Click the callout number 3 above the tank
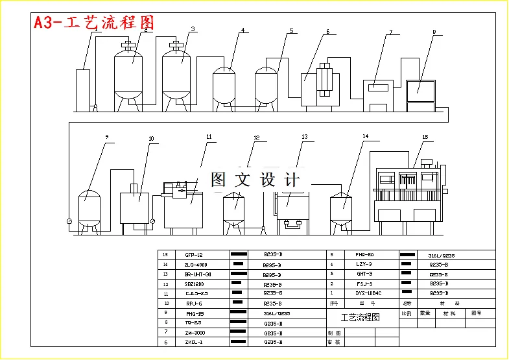(x=193, y=29)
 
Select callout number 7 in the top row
(x=391, y=32)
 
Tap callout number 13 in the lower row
(x=304, y=137)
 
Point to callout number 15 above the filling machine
(x=425, y=138)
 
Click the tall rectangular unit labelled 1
(x=82, y=88)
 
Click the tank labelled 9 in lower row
(x=89, y=208)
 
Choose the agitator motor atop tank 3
(x=175, y=45)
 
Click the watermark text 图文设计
(x=256, y=180)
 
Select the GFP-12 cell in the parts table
(x=194, y=255)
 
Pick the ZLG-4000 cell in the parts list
(x=194, y=265)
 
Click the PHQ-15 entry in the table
(x=194, y=313)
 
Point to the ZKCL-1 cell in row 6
(x=194, y=342)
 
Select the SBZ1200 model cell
(x=194, y=284)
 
